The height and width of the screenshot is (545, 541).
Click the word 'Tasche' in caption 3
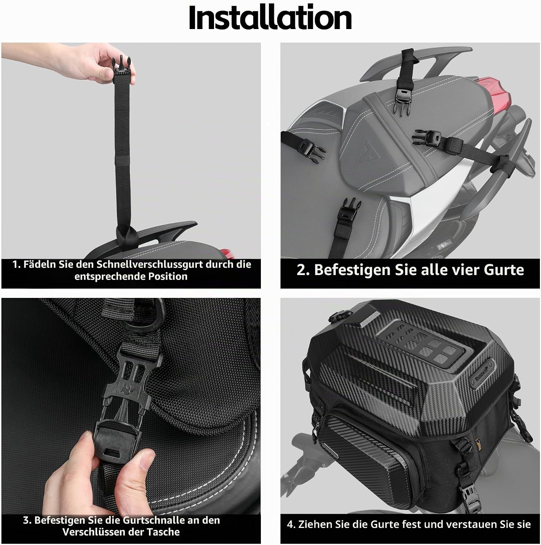tap(162, 532)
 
